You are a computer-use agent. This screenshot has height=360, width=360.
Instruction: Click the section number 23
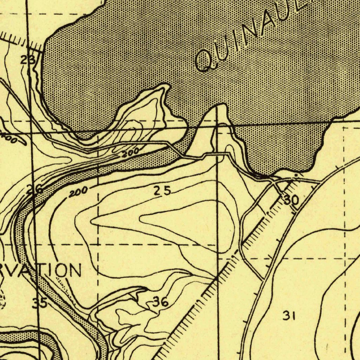27,60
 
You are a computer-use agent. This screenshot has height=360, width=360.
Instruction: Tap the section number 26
35,189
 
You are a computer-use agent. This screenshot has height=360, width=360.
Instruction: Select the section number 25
162,191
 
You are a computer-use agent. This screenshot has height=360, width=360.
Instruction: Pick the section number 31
289,316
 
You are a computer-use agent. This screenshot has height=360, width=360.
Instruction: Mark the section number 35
39,303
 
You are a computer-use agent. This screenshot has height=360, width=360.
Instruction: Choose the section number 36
160,302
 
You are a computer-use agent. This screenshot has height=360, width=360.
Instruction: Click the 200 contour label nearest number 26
78,192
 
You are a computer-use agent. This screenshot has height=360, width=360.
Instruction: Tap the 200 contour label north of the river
130,153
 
